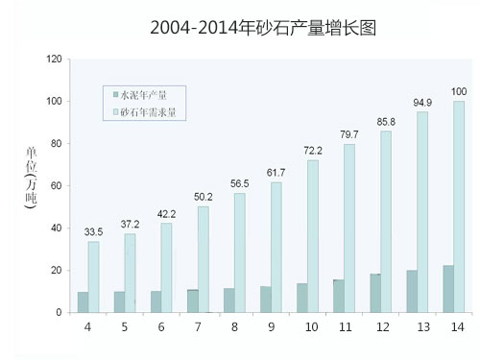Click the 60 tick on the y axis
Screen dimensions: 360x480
[57, 186]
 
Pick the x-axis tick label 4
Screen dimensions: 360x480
[88, 327]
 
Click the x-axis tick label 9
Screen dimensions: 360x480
[271, 327]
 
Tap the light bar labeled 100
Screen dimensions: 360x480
[459, 206]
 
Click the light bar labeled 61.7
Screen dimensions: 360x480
[276, 247]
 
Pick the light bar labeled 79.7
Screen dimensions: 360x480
[349, 228]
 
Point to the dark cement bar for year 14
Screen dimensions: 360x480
[447, 289]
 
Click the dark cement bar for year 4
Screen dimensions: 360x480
[83, 302]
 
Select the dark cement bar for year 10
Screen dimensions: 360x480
[301, 298]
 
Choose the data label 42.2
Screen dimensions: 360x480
[167, 213]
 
